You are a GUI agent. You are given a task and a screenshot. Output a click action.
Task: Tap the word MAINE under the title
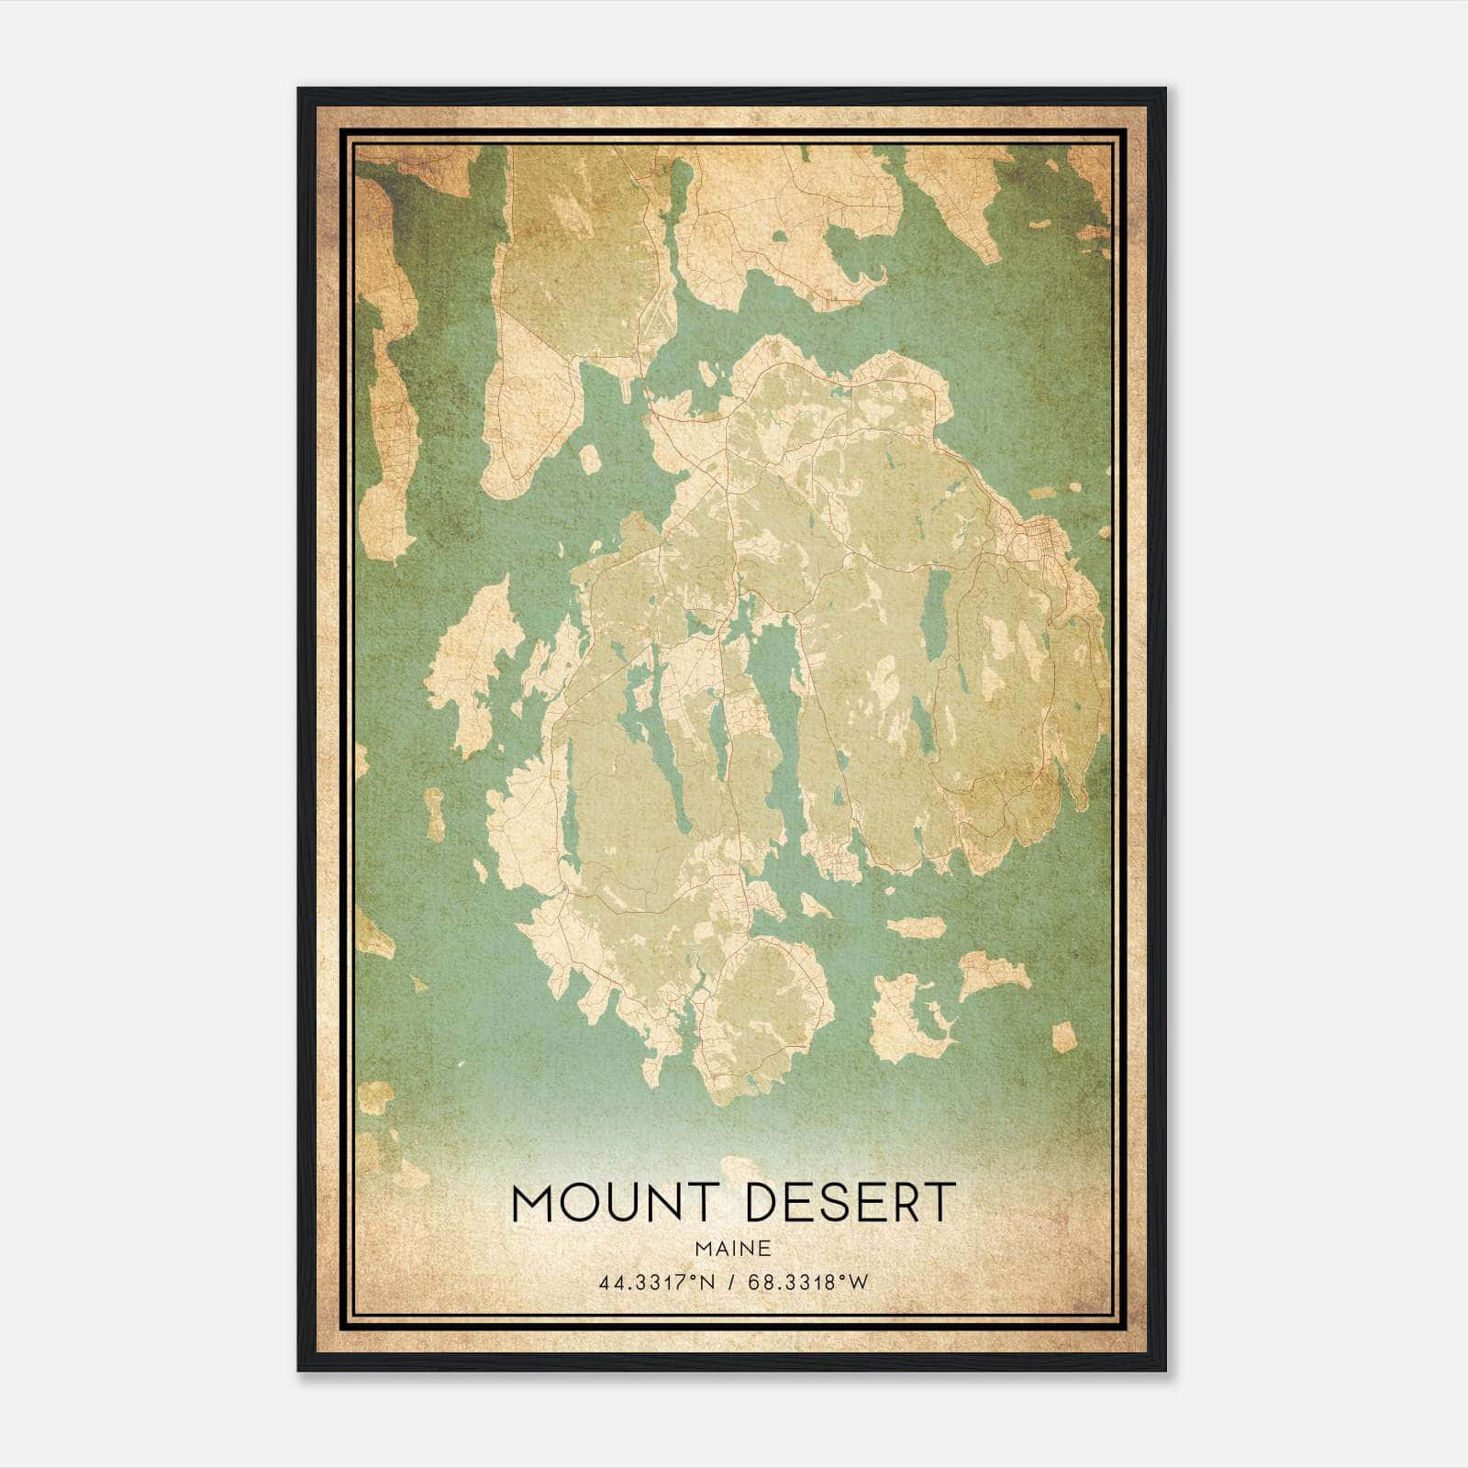pyautogui.click(x=732, y=1248)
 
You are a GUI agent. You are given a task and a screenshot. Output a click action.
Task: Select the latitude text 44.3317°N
pyautogui.click(x=655, y=1283)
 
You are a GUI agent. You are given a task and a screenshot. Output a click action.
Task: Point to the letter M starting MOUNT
pyautogui.click(x=533, y=1203)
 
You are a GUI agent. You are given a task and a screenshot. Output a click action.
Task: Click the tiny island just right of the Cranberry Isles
pyautogui.click(x=1063, y=1037)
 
